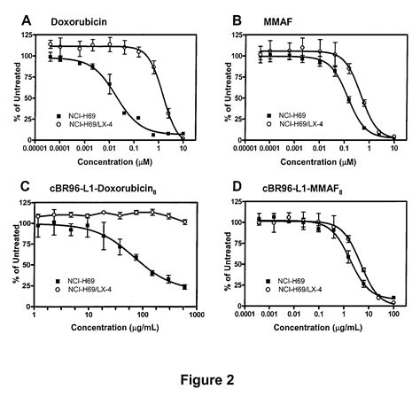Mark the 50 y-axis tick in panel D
(x=232, y=264)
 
